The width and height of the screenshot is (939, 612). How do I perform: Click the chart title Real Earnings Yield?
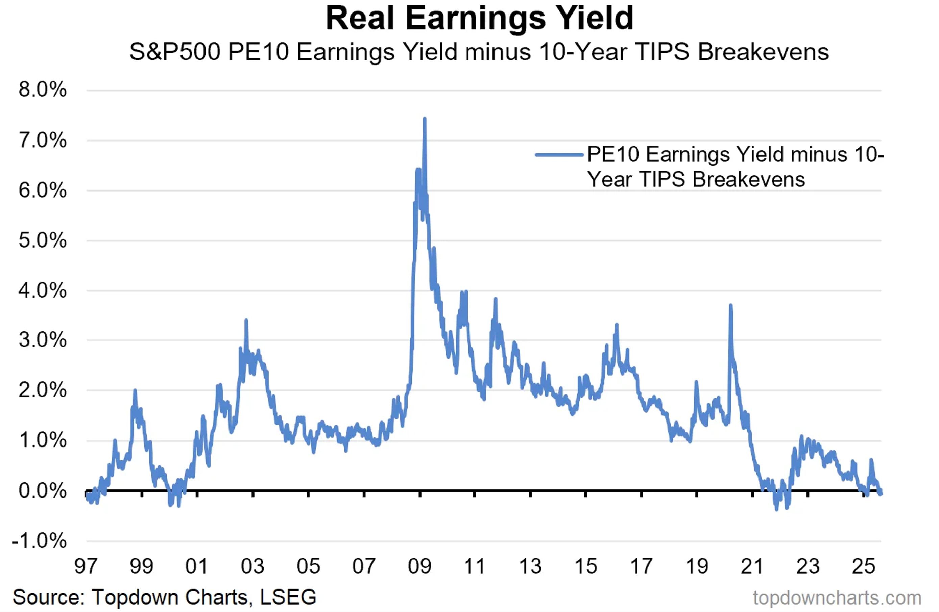[479, 18]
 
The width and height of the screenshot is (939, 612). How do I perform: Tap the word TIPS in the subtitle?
[663, 52]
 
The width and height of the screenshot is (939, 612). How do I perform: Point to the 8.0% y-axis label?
[43, 90]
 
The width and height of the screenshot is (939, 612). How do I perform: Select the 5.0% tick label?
[43, 240]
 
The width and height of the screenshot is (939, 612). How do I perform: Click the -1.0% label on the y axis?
[40, 541]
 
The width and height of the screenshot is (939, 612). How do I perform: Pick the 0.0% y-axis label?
[43, 491]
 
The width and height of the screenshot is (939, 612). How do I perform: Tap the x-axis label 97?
[86, 566]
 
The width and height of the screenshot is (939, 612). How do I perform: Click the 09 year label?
[419, 566]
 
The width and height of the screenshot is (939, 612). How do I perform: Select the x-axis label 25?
[864, 566]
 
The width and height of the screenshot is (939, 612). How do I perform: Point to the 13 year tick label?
[530, 566]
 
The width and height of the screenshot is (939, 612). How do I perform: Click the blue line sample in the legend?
[559, 155]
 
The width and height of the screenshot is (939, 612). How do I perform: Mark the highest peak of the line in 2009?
[425, 118]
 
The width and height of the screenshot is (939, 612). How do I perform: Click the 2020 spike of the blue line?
[731, 306]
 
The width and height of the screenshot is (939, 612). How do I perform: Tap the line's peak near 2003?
[246, 320]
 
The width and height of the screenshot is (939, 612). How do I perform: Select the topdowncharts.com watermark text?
[837, 598]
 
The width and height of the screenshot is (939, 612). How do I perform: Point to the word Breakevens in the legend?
[748, 180]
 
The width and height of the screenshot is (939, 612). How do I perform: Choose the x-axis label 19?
[697, 566]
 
